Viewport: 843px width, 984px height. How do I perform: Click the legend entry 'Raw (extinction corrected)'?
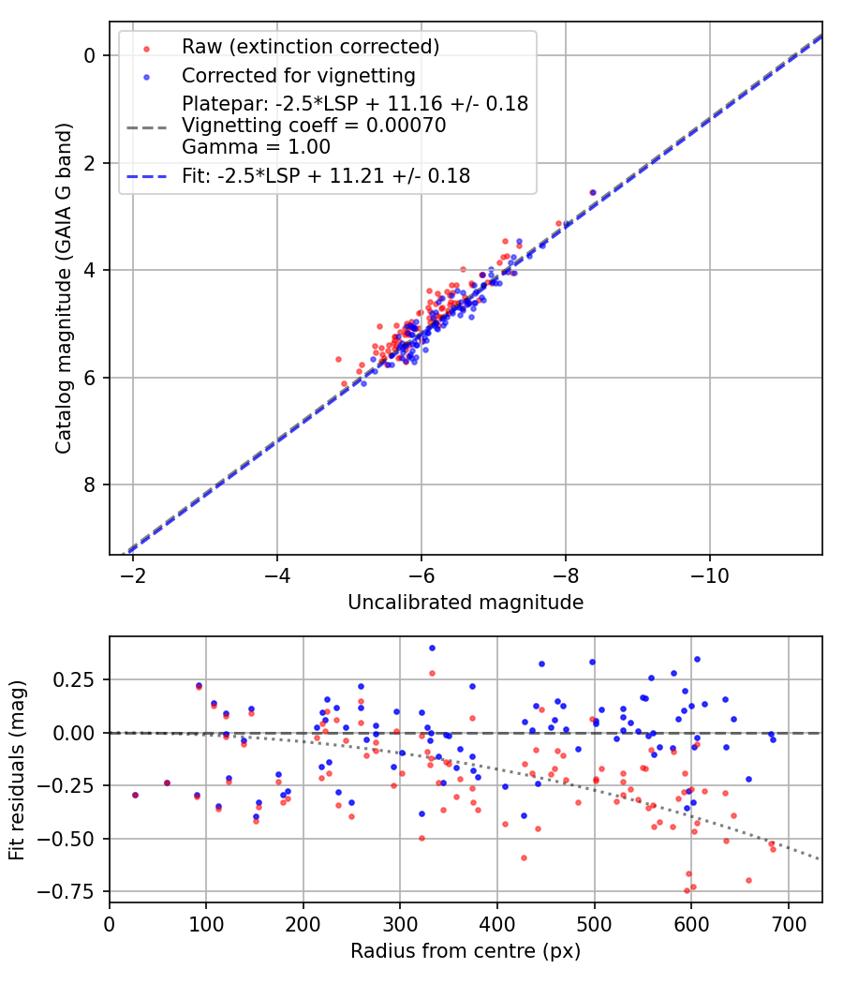tap(310, 47)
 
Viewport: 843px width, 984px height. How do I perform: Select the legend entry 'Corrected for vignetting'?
tap(298, 74)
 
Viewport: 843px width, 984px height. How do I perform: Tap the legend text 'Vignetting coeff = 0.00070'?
tap(314, 126)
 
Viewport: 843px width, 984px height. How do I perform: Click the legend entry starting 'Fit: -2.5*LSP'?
tap(326, 175)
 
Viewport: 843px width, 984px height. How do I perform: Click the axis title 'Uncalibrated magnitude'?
tap(466, 603)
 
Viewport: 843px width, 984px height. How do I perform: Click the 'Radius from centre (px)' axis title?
tap(466, 951)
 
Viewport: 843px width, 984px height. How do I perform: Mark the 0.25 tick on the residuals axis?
tap(81, 678)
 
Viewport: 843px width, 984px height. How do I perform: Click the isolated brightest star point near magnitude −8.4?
tap(592, 192)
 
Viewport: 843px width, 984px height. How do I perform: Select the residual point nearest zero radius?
tap(135, 795)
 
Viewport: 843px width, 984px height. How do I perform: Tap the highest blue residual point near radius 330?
tap(432, 648)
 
